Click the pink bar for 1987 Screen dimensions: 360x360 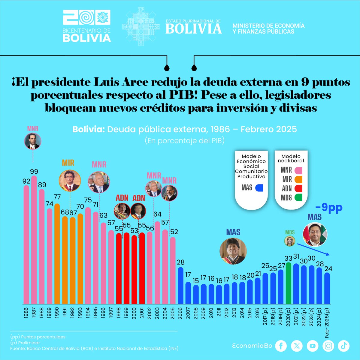pos(34,240)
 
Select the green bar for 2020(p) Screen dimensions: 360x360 pos(289,283)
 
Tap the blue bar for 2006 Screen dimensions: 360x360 pos(180,285)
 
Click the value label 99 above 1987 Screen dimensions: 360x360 pos(34,172)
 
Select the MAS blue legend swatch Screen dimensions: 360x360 pos(259,188)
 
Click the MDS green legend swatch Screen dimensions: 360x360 pos(298,197)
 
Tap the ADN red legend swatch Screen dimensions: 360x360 pos(298,188)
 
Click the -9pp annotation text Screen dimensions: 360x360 pos(329,208)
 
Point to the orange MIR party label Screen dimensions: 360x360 pos(68,163)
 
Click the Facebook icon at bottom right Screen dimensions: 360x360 pos(281,346)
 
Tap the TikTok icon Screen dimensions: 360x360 pos(343,346)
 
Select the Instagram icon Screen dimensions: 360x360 pos(328,346)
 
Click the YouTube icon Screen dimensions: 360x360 pos(313,346)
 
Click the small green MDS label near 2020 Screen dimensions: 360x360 pos(290,232)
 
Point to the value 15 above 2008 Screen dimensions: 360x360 pos(196,281)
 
